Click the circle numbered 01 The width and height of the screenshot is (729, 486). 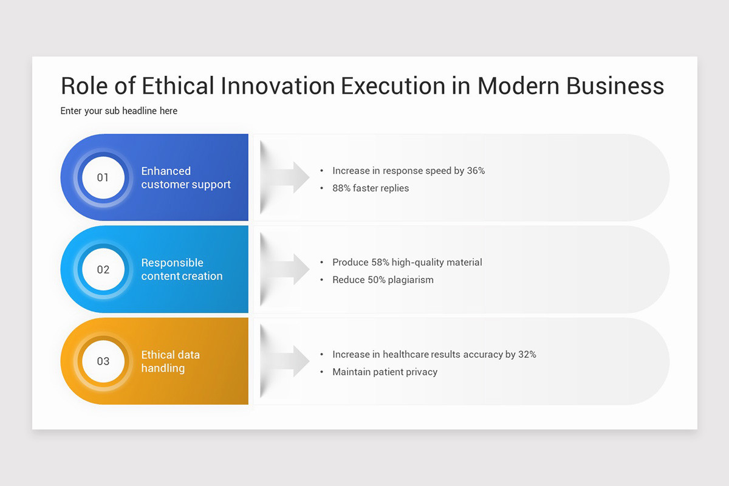(103, 177)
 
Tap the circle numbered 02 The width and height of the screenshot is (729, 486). (103, 269)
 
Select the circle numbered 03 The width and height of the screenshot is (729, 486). (103, 361)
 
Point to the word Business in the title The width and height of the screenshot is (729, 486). (615, 86)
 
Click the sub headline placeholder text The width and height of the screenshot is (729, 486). (119, 111)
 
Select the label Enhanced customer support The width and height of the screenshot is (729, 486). (186, 178)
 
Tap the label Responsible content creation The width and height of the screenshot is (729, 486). (182, 269)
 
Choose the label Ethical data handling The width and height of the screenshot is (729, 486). (171, 361)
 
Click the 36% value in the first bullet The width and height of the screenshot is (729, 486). (476, 171)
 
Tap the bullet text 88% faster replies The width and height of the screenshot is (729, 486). (371, 188)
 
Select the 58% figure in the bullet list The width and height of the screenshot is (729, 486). (380, 262)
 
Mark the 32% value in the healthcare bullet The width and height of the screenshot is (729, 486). (527, 354)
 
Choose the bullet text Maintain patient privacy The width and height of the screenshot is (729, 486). (385, 372)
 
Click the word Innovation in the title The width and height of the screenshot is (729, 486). (278, 86)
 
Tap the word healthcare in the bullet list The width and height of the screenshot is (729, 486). (409, 354)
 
